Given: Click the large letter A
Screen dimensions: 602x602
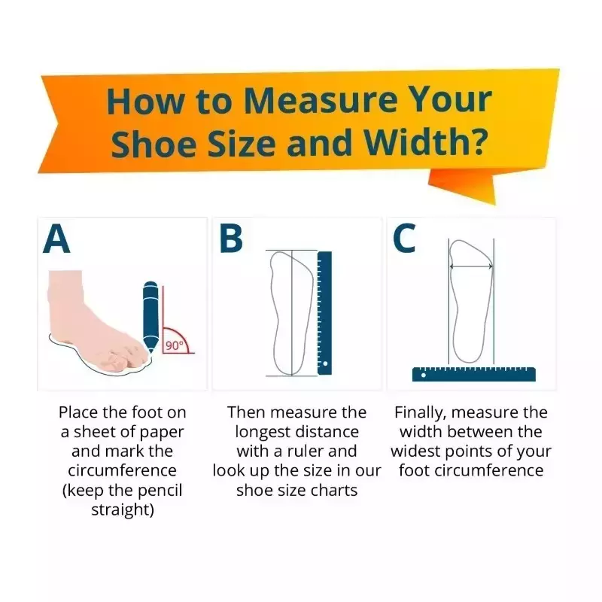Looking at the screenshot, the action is (x=56, y=239).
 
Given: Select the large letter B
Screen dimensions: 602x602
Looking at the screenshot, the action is (x=231, y=239).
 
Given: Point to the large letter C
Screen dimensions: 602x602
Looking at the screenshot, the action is (x=405, y=239).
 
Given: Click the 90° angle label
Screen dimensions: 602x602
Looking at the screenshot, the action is (x=175, y=346).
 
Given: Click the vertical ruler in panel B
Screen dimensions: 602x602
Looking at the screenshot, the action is (x=324, y=313).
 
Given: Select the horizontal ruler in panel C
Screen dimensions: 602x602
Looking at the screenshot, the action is (x=474, y=374).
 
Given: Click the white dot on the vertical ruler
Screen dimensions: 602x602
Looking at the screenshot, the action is (x=326, y=363).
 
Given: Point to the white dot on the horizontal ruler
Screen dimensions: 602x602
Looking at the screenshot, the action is (x=424, y=375).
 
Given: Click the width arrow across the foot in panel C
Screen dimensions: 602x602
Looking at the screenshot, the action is (x=471, y=266).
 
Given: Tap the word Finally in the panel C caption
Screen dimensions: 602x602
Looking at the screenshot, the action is (x=420, y=413).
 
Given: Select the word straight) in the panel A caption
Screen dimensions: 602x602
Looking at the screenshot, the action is (x=123, y=510).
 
